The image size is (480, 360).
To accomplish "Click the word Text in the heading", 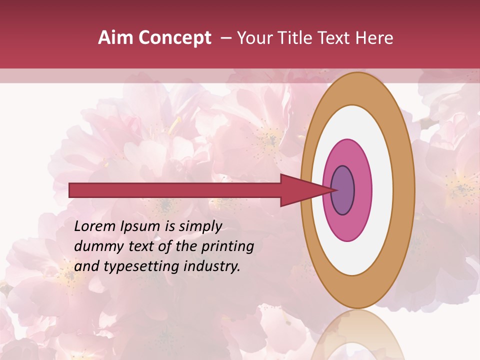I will [x=335, y=38].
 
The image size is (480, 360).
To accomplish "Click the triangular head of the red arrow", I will [x=300, y=190].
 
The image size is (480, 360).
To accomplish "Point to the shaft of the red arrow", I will [x=175, y=190].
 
